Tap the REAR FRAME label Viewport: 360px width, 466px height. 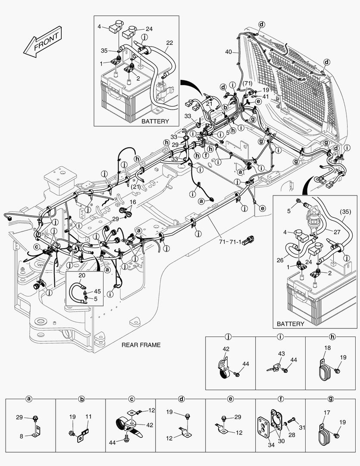pyautogui.click(x=141, y=345)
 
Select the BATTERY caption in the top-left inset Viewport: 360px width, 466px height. pyautogui.click(x=155, y=121)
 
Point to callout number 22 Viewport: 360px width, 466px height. pyautogui.click(x=169, y=43)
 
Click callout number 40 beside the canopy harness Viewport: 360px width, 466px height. pyautogui.click(x=229, y=52)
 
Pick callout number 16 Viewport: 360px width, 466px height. pyautogui.click(x=133, y=202)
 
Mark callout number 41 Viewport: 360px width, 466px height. pyautogui.click(x=266, y=97)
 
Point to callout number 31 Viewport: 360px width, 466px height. pyautogui.click(x=302, y=428)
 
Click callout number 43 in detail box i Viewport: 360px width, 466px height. pyautogui.click(x=281, y=354)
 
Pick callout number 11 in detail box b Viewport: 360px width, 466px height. pyautogui.click(x=88, y=417)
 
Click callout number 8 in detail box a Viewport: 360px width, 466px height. pyautogui.click(x=22, y=436)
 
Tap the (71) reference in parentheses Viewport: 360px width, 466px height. pyautogui.click(x=247, y=83)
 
